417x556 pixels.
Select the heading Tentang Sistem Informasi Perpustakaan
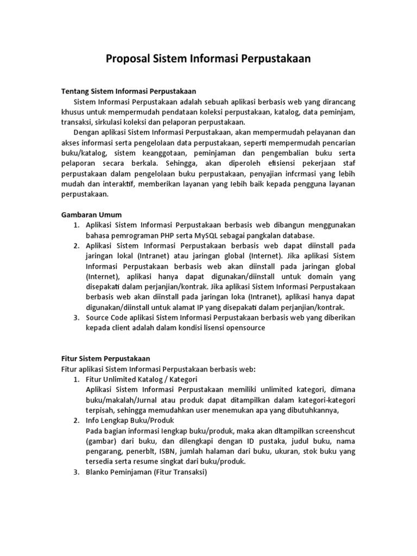[x=128, y=91]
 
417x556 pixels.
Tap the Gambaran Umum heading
[x=91, y=214]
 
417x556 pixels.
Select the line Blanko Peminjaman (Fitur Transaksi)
[x=146, y=472]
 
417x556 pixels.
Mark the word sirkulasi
[x=110, y=122]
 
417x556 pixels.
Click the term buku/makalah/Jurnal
[x=118, y=400]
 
